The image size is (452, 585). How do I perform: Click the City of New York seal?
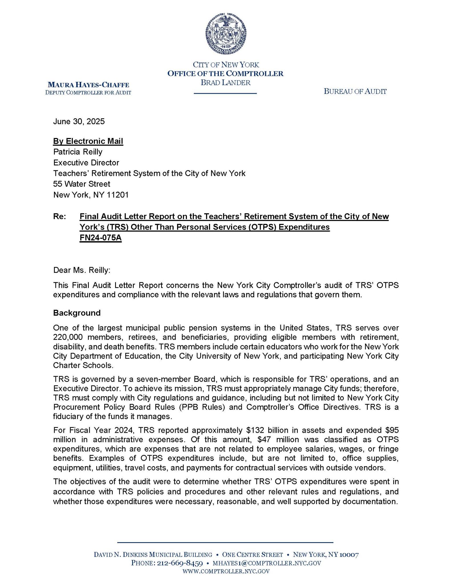pos(226,34)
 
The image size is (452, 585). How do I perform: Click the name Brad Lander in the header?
pos(226,83)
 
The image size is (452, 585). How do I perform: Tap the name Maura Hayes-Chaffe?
pos(88,85)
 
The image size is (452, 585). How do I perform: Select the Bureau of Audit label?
pos(355,91)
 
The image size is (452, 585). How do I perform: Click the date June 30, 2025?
pos(79,121)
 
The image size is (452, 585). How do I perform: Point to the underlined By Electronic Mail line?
pos(88,141)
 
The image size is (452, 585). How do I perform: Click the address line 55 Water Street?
pos(82,184)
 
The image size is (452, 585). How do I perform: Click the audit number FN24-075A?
pos(101,238)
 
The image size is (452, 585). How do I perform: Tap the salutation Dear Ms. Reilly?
pos(82,270)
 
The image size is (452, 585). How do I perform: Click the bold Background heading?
pos(77,313)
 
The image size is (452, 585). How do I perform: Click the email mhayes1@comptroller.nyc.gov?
pos(267,563)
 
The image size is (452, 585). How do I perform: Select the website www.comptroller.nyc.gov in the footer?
pos(226,571)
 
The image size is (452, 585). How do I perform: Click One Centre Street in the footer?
pos(252,555)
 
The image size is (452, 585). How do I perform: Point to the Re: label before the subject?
pos(59,217)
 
